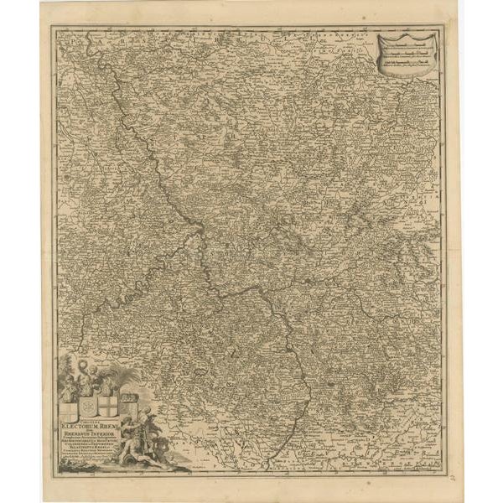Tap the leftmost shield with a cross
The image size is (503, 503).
click(x=69, y=409)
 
